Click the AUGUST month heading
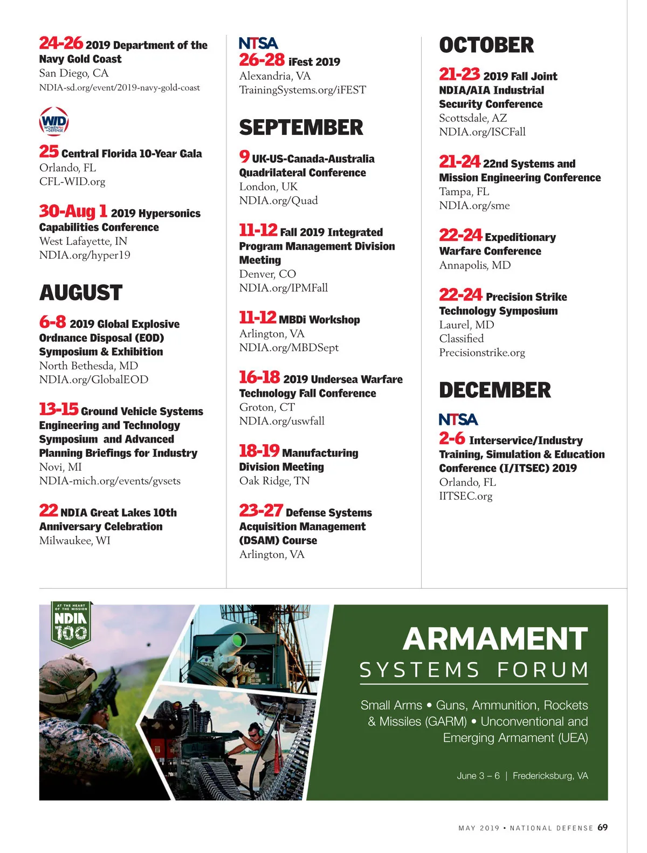tap(81, 293)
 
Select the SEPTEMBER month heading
tap(301, 128)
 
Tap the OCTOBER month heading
tap(486, 45)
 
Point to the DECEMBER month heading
tap(494, 390)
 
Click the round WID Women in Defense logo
tap(54, 121)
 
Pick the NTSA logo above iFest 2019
tap(258, 43)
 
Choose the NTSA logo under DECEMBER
tap(458, 419)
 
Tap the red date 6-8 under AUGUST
tap(52, 322)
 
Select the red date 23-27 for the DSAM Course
tap(261, 511)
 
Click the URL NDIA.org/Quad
tap(278, 201)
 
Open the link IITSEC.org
tap(465, 496)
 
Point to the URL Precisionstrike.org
tap(481, 353)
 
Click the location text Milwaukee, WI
tap(74, 541)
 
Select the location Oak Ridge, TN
tap(274, 481)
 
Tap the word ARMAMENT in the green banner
tap(495, 639)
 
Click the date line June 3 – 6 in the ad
tap(478, 776)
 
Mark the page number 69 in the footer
tap(602, 828)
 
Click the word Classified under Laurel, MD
tap(461, 339)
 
